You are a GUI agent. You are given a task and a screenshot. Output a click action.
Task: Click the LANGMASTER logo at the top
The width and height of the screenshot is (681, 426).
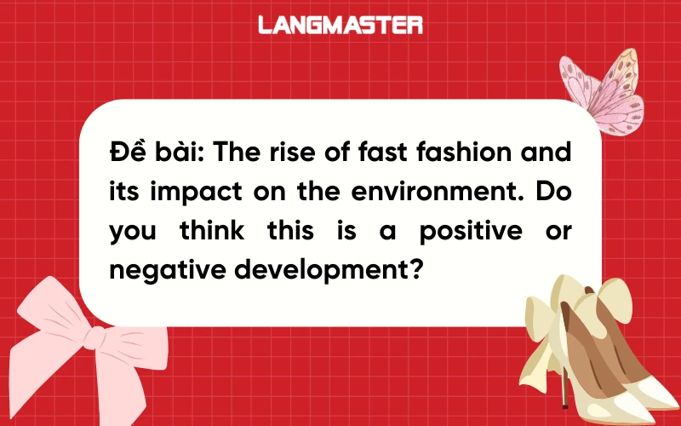(x=340, y=25)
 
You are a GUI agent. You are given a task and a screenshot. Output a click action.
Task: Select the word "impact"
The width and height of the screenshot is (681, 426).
(x=189, y=193)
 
